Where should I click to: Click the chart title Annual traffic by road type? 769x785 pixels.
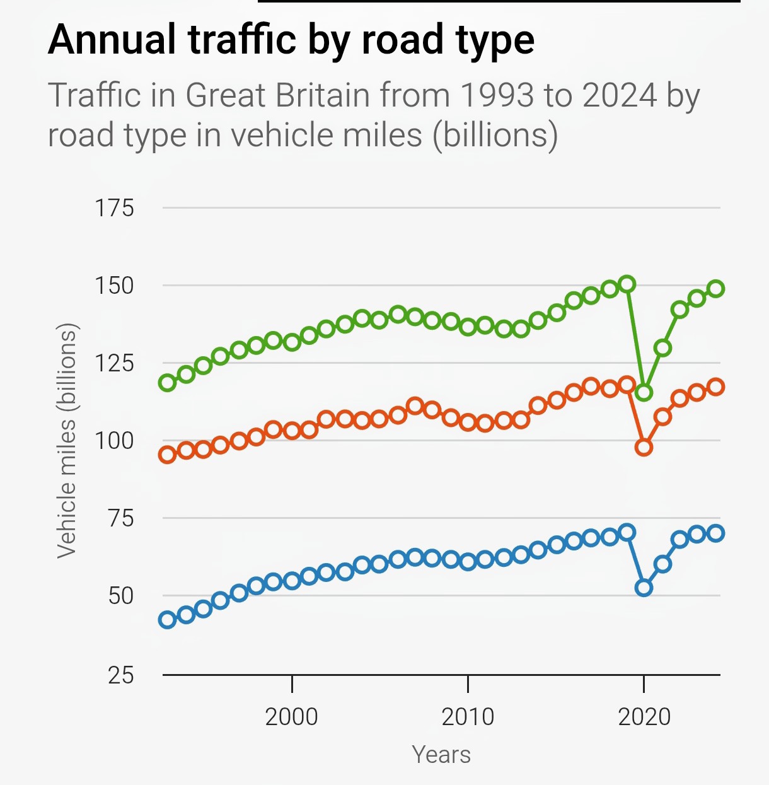click(291, 40)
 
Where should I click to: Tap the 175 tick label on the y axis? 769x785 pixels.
click(114, 207)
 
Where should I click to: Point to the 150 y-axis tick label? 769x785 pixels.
click(114, 286)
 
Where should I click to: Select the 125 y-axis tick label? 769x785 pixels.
click(114, 363)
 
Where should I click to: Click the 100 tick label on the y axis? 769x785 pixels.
click(114, 441)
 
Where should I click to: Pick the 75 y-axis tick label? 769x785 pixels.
click(121, 518)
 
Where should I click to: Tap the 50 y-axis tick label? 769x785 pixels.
click(121, 596)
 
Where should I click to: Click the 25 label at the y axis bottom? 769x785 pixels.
click(121, 675)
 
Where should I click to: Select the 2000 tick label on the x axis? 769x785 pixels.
click(291, 717)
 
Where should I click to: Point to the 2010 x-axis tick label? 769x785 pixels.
click(468, 717)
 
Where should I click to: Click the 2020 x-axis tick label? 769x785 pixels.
click(644, 717)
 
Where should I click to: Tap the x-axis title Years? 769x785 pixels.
click(441, 755)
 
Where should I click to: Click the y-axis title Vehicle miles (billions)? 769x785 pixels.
click(67, 441)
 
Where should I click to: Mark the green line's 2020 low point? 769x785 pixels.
click(644, 392)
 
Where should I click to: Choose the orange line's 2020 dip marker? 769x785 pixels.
click(644, 448)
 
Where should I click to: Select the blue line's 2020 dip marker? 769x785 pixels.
click(644, 588)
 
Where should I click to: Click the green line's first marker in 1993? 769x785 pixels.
click(167, 382)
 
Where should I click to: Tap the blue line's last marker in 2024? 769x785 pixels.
click(715, 533)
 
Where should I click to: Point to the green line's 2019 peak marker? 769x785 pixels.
click(627, 284)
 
